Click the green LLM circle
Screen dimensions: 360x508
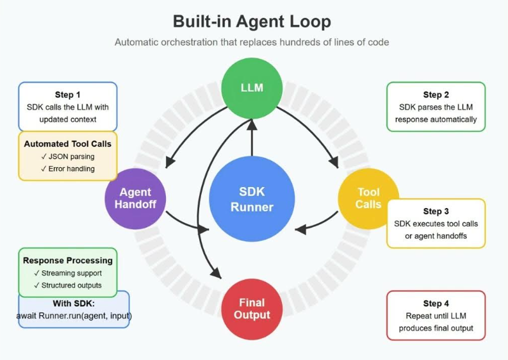coord(252,87)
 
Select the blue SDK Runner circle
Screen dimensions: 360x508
coord(252,199)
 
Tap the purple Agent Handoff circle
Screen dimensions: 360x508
coord(135,198)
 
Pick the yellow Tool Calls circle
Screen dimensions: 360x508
coord(368,198)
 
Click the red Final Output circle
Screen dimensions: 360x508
coord(252,309)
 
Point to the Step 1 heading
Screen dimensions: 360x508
coord(68,94)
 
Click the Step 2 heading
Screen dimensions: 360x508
coord(436,95)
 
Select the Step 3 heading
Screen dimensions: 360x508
coord(436,211)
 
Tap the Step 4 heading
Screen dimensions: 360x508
coord(436,304)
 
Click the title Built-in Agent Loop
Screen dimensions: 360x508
coord(252,22)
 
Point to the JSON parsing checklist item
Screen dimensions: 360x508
coord(67,157)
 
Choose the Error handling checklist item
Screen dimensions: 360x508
coord(67,169)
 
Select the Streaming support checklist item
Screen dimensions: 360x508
coord(67,274)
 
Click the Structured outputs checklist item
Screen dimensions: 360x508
coord(67,286)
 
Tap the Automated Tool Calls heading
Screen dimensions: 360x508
coord(67,144)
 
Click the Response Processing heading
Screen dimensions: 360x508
coord(67,261)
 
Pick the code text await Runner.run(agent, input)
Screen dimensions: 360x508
coord(74,316)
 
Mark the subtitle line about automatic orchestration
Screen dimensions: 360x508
coord(252,42)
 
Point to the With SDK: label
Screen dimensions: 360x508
coord(74,304)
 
